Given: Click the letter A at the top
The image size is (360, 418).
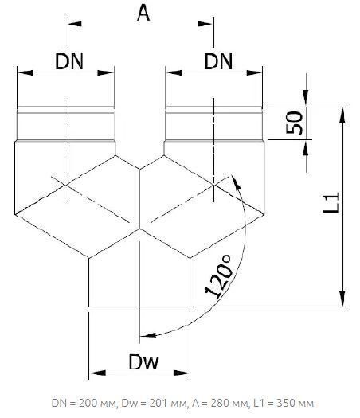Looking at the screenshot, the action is pyautogui.click(x=143, y=14).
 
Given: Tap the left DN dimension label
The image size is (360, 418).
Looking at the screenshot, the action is pyautogui.click(x=69, y=61).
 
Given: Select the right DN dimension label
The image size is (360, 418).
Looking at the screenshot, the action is pyautogui.click(x=218, y=61).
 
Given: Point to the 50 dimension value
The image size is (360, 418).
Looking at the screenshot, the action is pyautogui.click(x=294, y=123).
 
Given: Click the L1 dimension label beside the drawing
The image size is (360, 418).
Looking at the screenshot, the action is pyautogui.click(x=331, y=202).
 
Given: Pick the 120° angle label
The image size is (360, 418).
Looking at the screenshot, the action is pyautogui.click(x=219, y=276).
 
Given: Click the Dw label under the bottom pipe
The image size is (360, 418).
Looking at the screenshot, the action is pyautogui.click(x=143, y=361).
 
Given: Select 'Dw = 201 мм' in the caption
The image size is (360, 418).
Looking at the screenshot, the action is pyautogui.click(x=154, y=404).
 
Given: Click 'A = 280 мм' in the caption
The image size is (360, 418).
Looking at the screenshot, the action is pyautogui.click(x=220, y=404).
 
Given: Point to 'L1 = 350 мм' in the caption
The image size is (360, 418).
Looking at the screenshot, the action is pyautogui.click(x=284, y=404).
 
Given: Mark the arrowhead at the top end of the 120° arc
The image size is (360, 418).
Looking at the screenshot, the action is pyautogui.click(x=236, y=182).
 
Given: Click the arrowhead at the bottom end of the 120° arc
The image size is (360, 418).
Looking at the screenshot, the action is pyautogui.click(x=147, y=335).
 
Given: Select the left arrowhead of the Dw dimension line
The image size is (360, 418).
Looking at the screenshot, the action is pyautogui.click(x=97, y=373).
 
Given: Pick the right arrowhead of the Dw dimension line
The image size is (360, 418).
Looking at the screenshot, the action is pyautogui.click(x=182, y=373).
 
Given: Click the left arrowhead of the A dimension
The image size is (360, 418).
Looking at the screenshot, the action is pyautogui.click(x=75, y=24).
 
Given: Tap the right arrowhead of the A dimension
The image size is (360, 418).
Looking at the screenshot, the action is pyautogui.click(x=204, y=24).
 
